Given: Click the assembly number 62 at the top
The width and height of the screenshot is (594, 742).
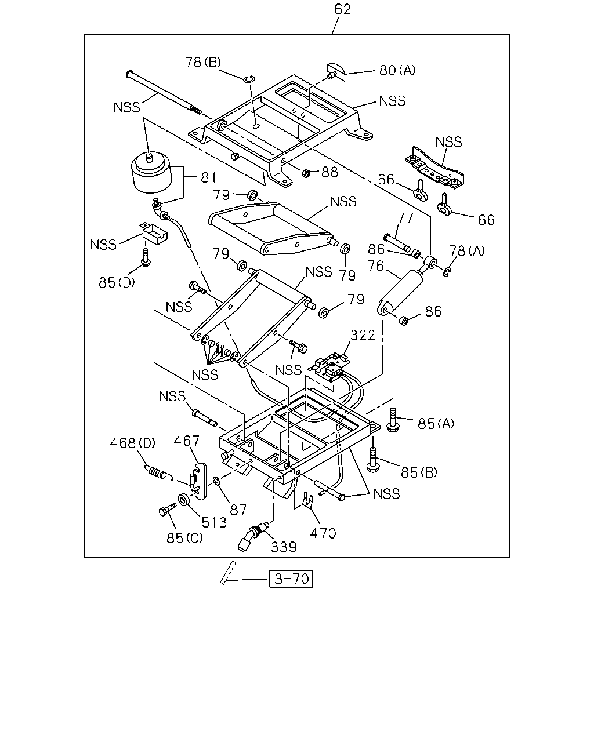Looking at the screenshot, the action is click(342, 9).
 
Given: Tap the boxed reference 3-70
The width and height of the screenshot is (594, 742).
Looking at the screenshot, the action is click(291, 579).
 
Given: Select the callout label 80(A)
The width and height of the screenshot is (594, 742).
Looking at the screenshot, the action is click(397, 70).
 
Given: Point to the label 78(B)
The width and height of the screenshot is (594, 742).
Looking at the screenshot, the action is click(203, 62).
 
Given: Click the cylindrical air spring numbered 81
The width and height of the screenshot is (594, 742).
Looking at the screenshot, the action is click(151, 174).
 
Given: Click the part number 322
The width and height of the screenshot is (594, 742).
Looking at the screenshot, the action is click(363, 336).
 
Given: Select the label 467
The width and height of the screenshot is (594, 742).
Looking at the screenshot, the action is click(187, 441).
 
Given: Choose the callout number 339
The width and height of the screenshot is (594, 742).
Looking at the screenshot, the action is click(284, 547).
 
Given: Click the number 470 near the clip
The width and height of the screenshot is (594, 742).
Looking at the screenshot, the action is click(323, 533).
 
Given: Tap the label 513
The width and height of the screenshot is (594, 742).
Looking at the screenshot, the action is click(214, 523).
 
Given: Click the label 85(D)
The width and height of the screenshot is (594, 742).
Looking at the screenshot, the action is click(117, 283).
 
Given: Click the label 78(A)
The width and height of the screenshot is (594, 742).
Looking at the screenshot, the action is click(467, 250).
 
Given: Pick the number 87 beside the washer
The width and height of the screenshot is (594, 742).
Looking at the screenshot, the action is click(238, 510).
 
